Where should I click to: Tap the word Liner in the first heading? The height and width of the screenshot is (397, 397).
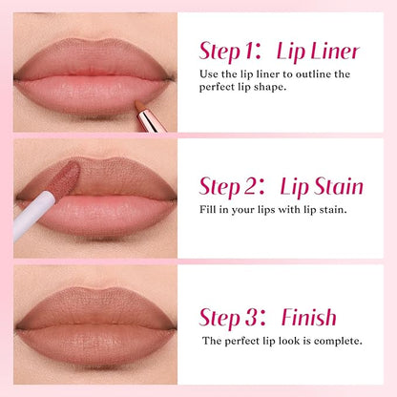(x=335, y=51)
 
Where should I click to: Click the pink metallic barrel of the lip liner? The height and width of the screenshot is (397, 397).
(x=151, y=121)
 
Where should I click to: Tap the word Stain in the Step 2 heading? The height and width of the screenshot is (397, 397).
(x=338, y=186)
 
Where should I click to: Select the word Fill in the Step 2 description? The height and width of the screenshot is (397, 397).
(x=207, y=209)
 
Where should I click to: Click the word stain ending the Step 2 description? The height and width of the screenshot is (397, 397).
(x=332, y=210)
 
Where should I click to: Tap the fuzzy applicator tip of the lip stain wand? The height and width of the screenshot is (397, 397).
(x=67, y=178)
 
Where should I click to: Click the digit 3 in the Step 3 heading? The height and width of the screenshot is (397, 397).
(x=251, y=317)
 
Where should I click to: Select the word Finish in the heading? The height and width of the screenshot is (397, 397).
(x=309, y=317)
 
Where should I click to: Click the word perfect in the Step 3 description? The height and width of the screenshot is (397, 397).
(x=242, y=342)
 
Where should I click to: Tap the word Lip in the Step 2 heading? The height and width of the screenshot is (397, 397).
(x=295, y=188)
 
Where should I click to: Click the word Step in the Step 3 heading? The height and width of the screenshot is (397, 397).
(x=219, y=318)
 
